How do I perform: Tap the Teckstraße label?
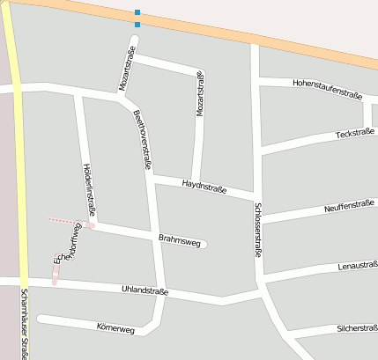[355, 134]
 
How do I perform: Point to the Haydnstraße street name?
[204, 187]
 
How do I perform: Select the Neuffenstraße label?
[349, 206]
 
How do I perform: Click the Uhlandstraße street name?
[145, 290]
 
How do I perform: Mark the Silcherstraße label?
[357, 328]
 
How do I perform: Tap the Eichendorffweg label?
[69, 245]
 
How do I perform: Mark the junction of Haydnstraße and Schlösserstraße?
[256, 196]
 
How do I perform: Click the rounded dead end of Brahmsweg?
[204, 244]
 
